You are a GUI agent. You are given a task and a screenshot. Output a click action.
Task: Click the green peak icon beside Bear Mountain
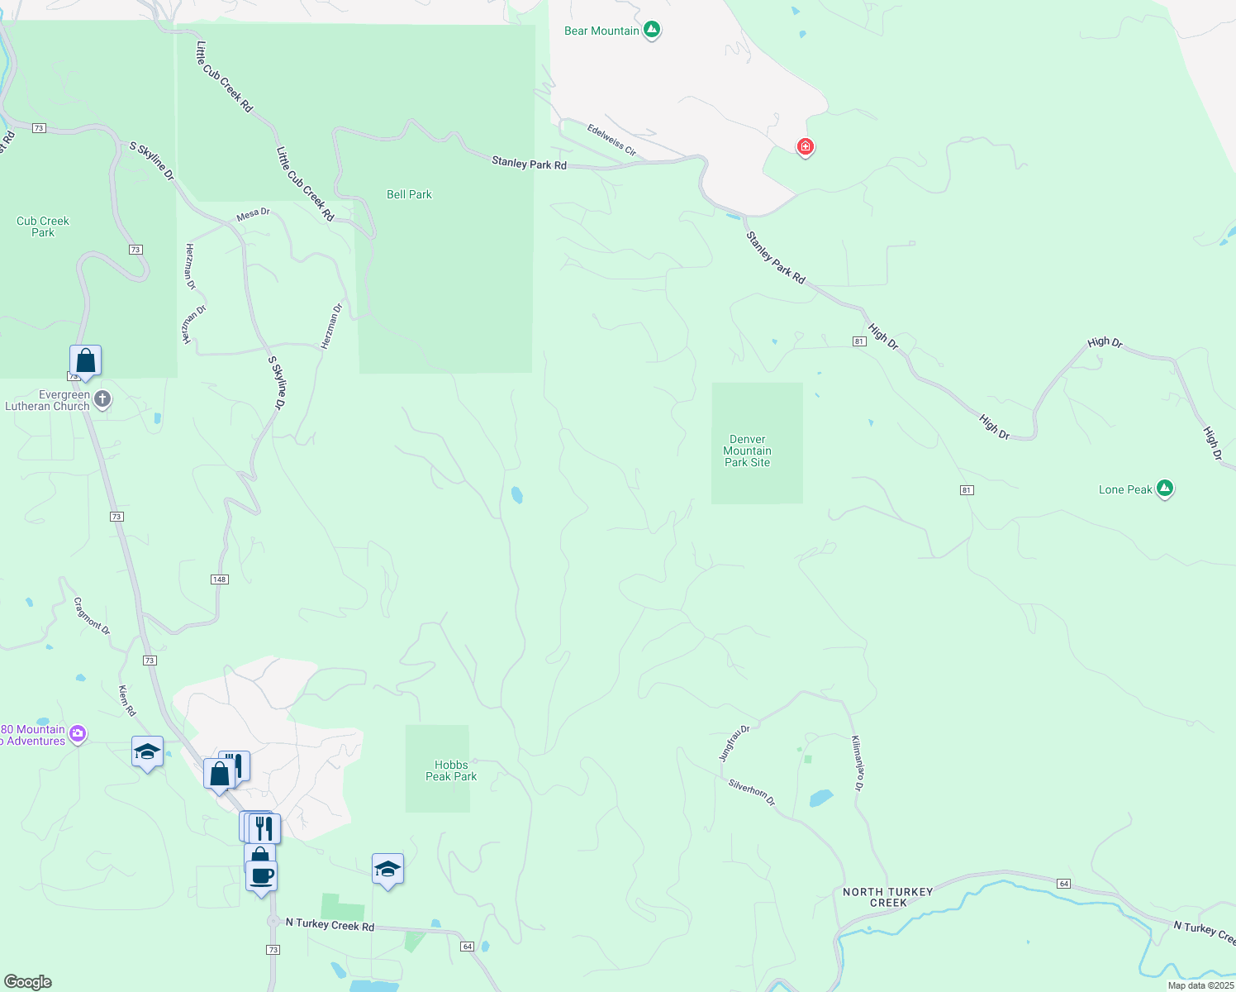[x=652, y=30]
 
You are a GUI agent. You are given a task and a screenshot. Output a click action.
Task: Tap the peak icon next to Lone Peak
[x=1165, y=489]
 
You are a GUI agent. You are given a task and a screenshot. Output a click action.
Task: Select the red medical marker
[x=805, y=147]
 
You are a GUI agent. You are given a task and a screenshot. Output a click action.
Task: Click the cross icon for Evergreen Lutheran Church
[x=102, y=400]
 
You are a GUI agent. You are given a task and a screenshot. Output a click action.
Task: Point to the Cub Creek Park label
[x=43, y=227]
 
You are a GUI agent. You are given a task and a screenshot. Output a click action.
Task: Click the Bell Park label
[x=409, y=194]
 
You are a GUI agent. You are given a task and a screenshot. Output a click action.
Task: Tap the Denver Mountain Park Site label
[x=747, y=451]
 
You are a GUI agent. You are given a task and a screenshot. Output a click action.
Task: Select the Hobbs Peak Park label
[x=451, y=770]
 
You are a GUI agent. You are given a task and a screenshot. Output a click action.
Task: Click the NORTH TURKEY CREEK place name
[x=887, y=897]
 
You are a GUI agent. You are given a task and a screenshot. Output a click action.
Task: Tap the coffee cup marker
[x=262, y=875]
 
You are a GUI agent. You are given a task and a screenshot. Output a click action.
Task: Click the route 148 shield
[x=219, y=579]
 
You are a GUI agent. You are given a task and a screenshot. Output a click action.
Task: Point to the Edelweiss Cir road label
[x=611, y=140]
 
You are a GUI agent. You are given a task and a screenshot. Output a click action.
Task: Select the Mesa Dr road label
[x=253, y=214]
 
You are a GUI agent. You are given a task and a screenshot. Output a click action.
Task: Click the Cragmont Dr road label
[x=92, y=616]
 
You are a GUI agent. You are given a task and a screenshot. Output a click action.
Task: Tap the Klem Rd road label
[x=126, y=700]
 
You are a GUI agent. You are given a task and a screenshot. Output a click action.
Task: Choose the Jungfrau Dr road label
[x=734, y=742]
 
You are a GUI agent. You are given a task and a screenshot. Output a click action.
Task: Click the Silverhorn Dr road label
[x=751, y=791]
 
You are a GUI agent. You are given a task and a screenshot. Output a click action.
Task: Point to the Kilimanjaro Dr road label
[x=858, y=763]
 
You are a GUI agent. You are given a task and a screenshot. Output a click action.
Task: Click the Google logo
[x=28, y=981]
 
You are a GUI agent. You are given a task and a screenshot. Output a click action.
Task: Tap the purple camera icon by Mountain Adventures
[x=78, y=733]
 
